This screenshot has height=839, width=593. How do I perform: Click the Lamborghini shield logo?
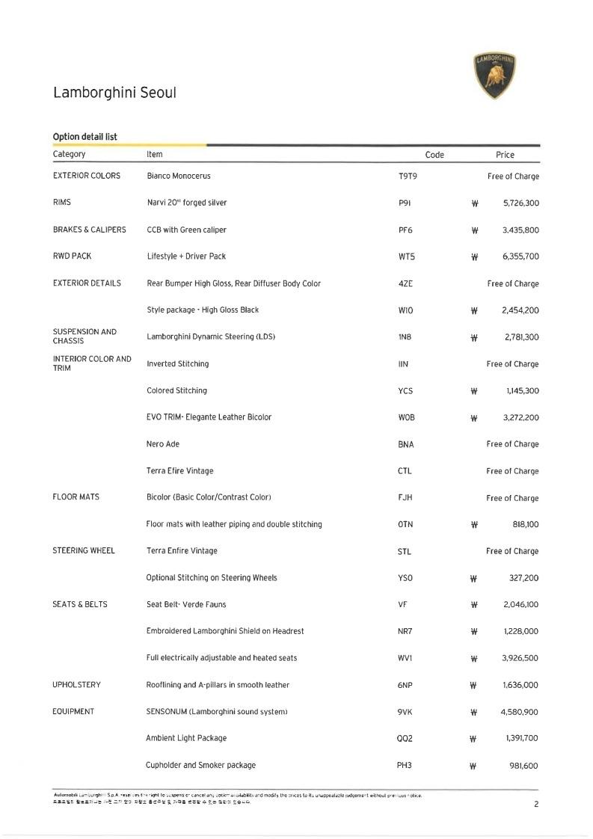coord(495,76)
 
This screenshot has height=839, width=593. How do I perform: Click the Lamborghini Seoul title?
coord(114,93)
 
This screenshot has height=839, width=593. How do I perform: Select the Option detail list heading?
coord(85,137)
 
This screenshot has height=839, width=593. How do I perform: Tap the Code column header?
coord(434,155)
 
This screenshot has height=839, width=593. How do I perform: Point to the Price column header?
coord(505,155)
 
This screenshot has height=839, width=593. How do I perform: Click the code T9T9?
coord(408,176)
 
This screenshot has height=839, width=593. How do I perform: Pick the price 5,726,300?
coord(521,203)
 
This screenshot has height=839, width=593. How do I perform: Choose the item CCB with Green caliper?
coord(186,230)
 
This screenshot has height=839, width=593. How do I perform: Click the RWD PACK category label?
coord(72,256)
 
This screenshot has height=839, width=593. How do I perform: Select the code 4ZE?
coord(405,284)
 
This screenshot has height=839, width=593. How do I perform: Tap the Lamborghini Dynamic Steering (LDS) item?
coord(211,336)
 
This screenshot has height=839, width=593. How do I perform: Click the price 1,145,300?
coord(522,391)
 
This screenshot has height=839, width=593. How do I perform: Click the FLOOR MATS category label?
coord(76,497)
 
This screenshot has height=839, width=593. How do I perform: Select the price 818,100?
coord(525,525)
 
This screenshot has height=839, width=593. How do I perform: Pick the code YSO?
coord(405,578)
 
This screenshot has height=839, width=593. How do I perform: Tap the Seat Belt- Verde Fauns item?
coord(185,604)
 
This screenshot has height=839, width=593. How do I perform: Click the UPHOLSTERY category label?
coord(76,685)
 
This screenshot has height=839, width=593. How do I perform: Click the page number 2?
coord(536,805)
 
